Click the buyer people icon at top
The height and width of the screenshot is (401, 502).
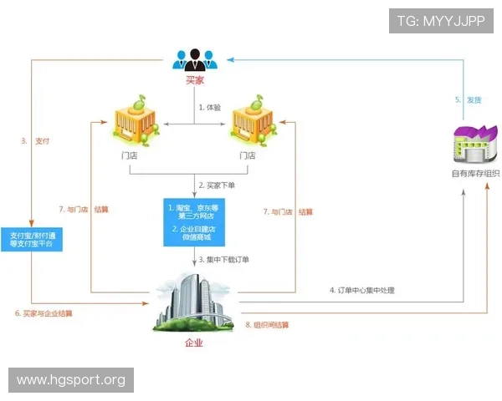(195, 58)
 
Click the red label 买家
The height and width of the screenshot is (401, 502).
(195, 81)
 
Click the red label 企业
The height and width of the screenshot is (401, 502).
(194, 343)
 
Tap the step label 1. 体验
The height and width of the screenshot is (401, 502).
(210, 108)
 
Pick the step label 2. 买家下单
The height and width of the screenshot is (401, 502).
(219, 185)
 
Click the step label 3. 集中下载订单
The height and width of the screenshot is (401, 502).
(223, 260)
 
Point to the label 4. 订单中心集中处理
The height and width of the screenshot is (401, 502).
(361, 291)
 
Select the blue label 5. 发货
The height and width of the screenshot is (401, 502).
(469, 100)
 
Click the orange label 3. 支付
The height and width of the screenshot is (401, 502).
(36, 141)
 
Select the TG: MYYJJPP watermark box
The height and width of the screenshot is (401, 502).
(440, 21)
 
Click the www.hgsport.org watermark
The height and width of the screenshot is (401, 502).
(70, 380)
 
